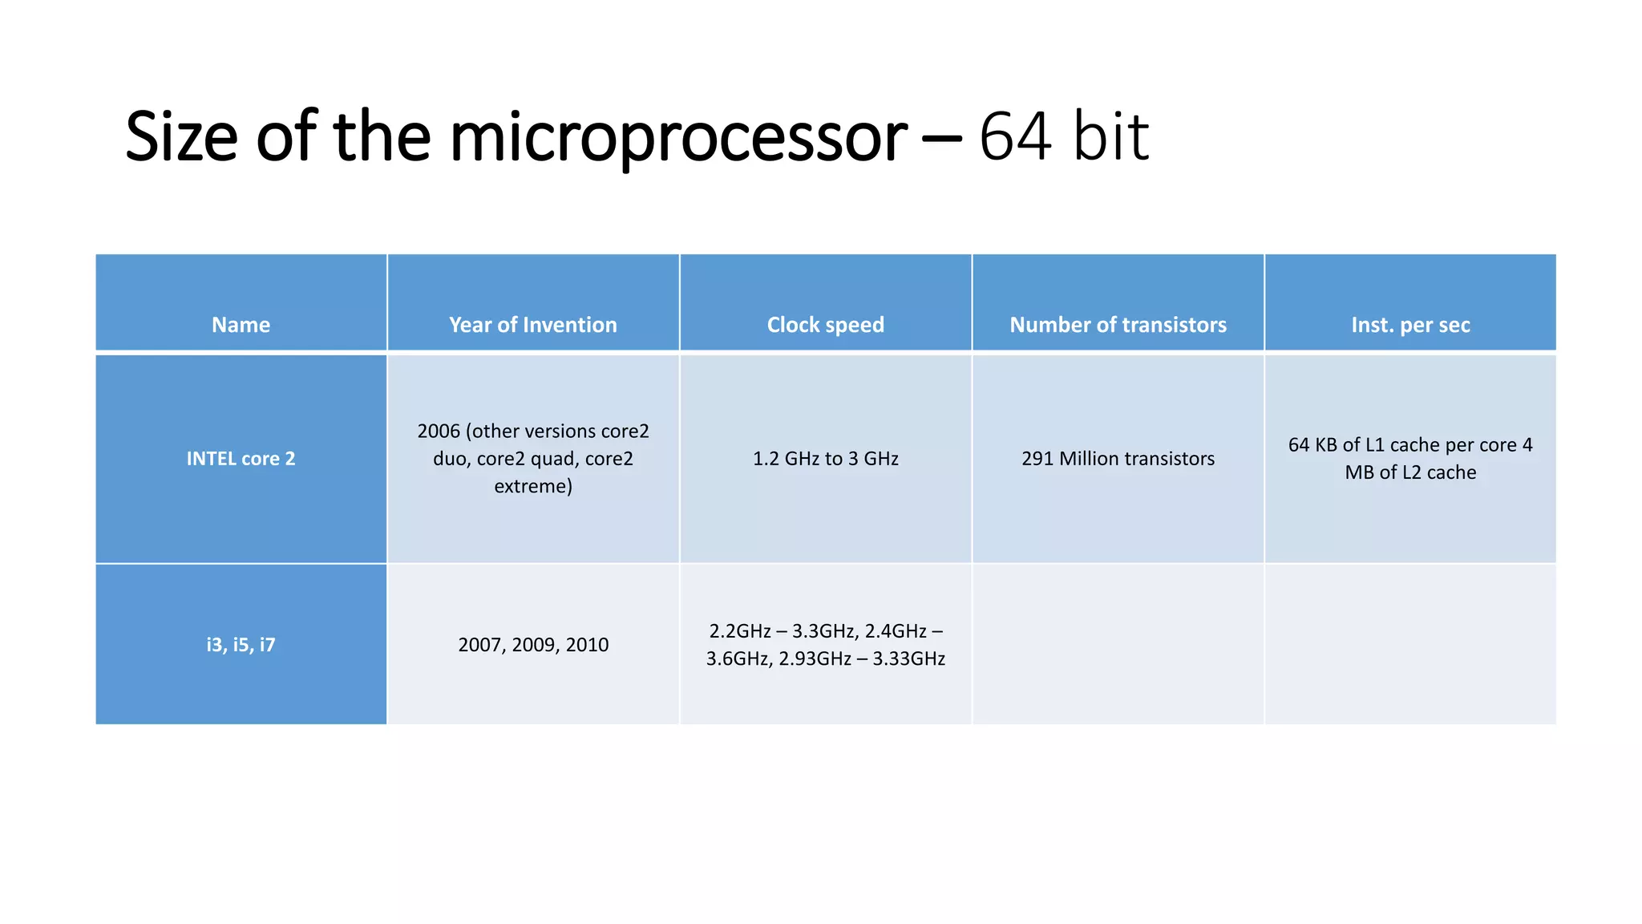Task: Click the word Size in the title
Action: (x=182, y=136)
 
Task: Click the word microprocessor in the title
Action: (x=678, y=138)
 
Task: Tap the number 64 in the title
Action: (x=1014, y=136)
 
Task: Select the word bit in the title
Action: (x=1110, y=136)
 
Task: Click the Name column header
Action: (x=241, y=325)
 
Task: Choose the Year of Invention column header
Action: (x=533, y=325)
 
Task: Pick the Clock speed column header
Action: (x=825, y=325)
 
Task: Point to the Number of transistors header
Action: (x=1118, y=325)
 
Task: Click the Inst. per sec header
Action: (x=1410, y=325)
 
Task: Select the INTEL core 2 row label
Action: (x=241, y=459)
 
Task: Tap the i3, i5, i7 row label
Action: (x=241, y=645)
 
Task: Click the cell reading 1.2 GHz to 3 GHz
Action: (x=825, y=459)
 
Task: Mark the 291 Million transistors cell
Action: (x=1118, y=459)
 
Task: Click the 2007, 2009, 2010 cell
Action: (x=533, y=645)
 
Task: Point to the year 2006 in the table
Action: (x=439, y=432)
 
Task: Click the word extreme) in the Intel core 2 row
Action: (x=533, y=486)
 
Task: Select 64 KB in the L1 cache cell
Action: (x=1312, y=445)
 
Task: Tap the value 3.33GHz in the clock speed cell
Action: (x=908, y=659)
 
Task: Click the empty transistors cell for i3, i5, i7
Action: (x=1118, y=645)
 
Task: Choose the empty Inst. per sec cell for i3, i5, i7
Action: (x=1410, y=645)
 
